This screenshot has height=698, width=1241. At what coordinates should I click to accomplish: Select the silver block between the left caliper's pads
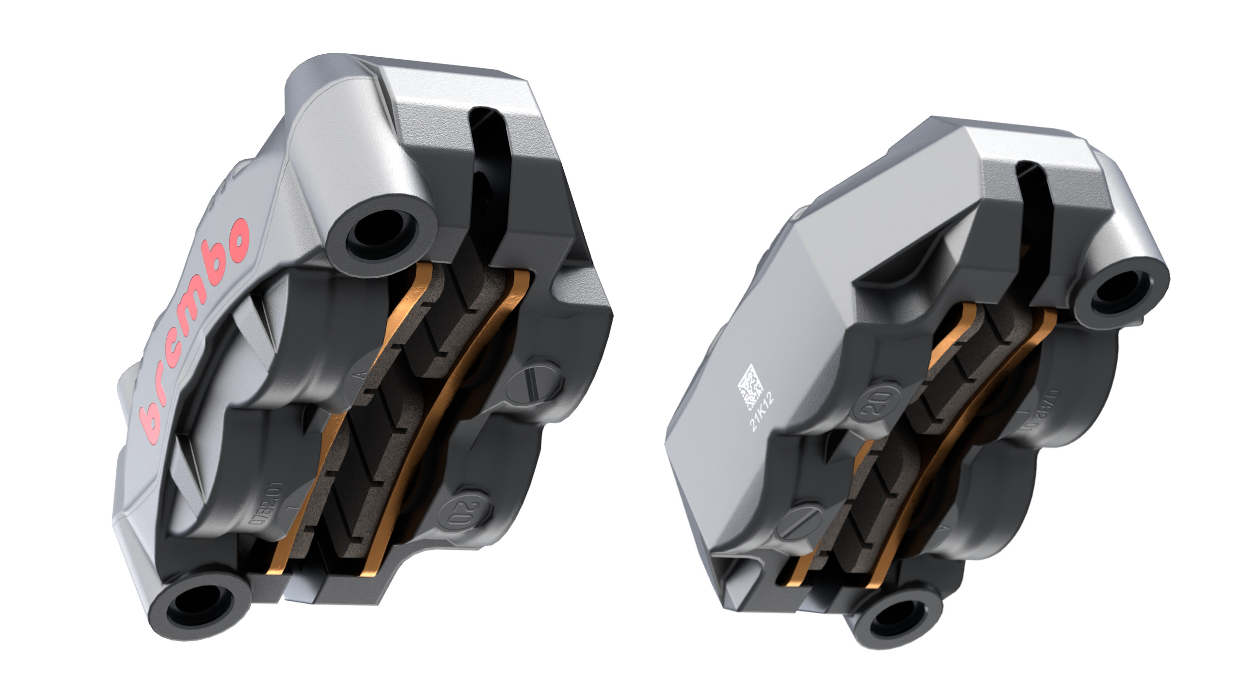coord(303,584)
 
